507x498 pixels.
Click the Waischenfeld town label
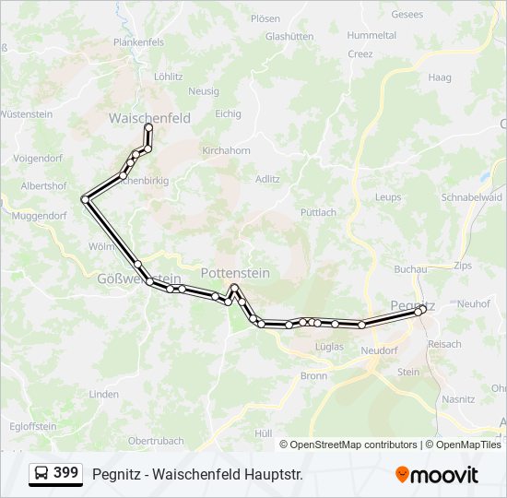(149, 118)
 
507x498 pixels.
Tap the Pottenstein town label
(235, 273)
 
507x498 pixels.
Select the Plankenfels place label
(138, 42)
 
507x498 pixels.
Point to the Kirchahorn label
(226, 150)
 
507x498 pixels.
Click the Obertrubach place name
(156, 441)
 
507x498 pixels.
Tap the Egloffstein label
(33, 426)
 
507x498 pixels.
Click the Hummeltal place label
(371, 35)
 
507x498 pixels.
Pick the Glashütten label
(289, 37)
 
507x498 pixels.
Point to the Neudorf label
(378, 350)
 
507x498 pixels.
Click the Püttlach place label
(318, 212)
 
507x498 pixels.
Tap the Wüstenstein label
(27, 114)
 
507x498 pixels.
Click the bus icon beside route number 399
(41, 474)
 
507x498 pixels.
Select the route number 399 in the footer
(65, 473)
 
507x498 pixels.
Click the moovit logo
(437, 475)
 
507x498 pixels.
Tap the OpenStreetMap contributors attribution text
(353, 445)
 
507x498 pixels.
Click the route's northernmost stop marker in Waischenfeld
(148, 127)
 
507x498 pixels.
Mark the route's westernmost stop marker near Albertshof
(86, 198)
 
